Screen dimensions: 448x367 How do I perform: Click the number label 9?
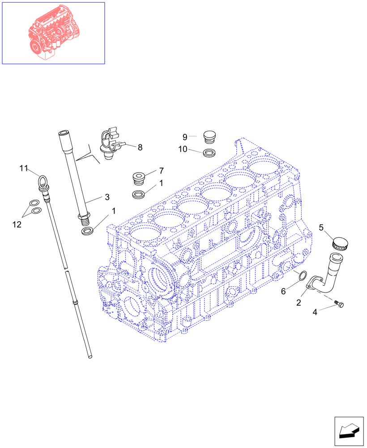184,136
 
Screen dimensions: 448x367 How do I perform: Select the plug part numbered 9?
209,136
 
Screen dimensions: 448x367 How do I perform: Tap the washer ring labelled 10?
209,153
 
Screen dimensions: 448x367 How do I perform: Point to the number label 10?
183,150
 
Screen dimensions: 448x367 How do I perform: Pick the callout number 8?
140,147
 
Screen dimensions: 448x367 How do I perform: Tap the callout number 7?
161,171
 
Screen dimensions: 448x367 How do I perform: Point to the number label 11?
24,168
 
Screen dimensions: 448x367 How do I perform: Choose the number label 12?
17,224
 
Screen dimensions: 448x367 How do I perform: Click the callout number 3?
107,197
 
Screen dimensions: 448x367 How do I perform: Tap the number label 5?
321,228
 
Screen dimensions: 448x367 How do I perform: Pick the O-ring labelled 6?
301,275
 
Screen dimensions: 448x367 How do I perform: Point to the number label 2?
298,303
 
